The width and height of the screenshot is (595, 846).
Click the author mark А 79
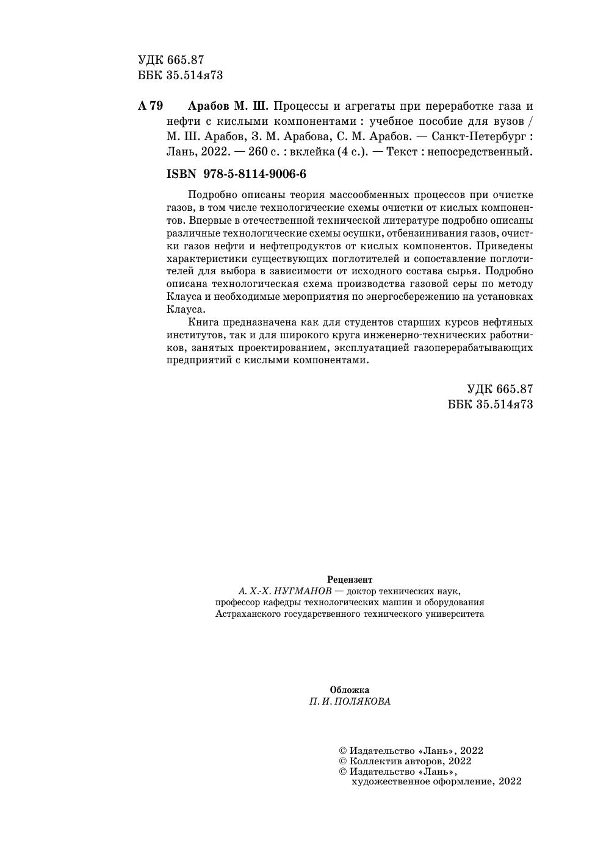(x=151, y=106)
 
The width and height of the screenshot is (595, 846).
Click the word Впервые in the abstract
(x=208, y=220)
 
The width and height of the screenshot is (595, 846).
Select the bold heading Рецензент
(x=350, y=580)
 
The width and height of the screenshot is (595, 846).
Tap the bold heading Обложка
(x=350, y=690)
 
